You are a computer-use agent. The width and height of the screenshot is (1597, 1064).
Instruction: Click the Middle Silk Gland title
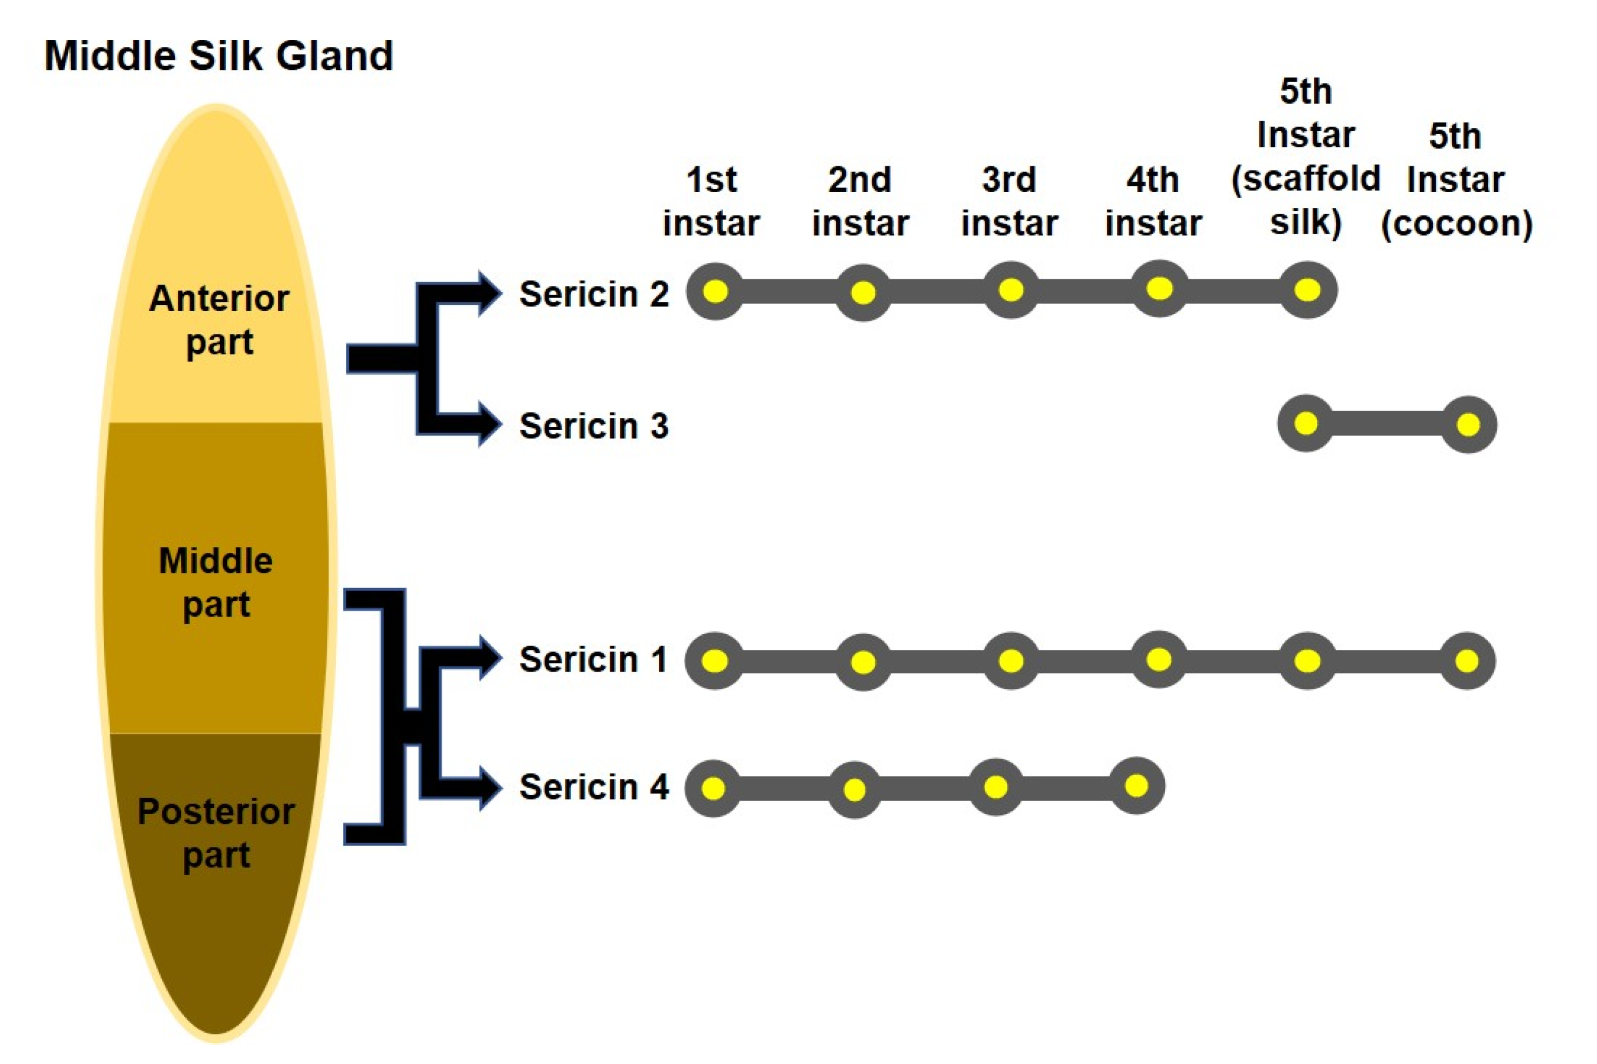point(218,56)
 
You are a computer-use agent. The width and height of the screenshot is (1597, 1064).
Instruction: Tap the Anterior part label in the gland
point(218,320)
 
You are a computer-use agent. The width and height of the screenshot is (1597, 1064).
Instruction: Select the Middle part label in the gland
point(216,582)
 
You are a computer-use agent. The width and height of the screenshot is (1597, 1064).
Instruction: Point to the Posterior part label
point(216,833)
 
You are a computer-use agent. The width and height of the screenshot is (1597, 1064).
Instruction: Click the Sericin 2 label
point(594,294)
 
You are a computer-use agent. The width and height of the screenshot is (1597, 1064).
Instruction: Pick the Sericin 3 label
point(594,426)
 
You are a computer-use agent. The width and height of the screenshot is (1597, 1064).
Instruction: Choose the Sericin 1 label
point(592,659)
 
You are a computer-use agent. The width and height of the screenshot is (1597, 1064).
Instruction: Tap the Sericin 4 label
point(594,787)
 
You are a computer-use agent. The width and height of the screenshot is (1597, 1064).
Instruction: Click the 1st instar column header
point(711,201)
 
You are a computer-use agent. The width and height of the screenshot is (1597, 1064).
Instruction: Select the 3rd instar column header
point(1009,201)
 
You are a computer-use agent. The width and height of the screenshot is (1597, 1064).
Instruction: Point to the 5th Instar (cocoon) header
point(1456,180)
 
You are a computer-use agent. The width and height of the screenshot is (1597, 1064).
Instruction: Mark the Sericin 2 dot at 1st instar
point(715,292)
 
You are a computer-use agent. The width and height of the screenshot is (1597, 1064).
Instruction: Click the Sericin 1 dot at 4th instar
point(1159,659)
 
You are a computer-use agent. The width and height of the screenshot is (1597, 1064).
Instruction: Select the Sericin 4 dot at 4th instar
point(1136,786)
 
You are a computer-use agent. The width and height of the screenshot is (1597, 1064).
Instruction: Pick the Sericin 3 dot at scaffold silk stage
point(1306,423)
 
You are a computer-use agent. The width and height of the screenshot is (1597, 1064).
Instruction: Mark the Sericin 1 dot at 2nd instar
point(863,662)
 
